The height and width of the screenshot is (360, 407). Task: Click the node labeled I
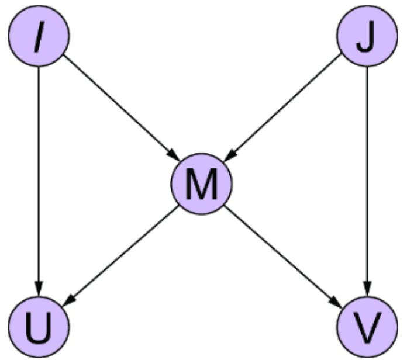pos(39,36)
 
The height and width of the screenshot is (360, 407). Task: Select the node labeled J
pos(367,36)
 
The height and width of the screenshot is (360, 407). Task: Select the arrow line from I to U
pos(39,175)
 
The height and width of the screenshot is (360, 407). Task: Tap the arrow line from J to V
pos(367,175)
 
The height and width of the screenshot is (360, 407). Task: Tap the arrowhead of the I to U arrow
pos(39,290)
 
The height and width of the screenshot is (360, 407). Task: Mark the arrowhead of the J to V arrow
pos(367,290)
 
